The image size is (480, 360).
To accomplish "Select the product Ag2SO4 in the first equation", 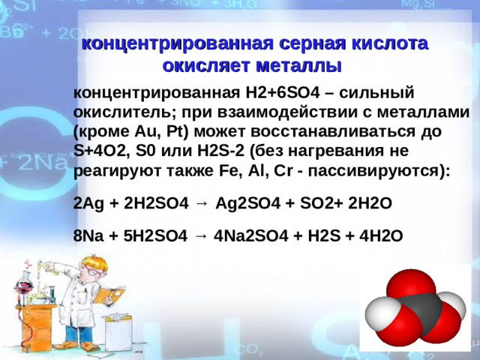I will click(248, 203).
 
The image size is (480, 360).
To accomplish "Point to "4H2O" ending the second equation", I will click(381, 236).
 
